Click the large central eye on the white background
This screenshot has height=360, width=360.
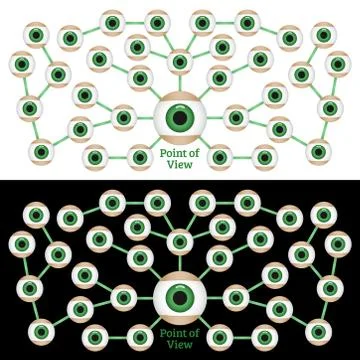click(x=180, y=119)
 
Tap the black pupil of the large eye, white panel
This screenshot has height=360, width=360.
click(x=180, y=119)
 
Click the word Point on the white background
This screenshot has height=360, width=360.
click(x=171, y=153)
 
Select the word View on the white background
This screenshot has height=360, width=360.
click(x=180, y=165)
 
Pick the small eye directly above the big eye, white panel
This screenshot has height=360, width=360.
click(x=180, y=62)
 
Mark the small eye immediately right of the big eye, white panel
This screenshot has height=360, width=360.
click(x=236, y=118)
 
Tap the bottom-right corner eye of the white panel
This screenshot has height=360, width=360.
click(x=319, y=151)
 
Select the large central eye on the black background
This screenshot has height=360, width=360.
click(x=180, y=297)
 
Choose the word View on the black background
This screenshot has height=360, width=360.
click(x=180, y=344)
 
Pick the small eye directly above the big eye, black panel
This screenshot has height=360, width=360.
click(x=180, y=241)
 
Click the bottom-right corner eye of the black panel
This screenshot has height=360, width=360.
click(x=319, y=329)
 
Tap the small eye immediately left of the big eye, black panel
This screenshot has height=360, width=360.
click(x=124, y=297)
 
